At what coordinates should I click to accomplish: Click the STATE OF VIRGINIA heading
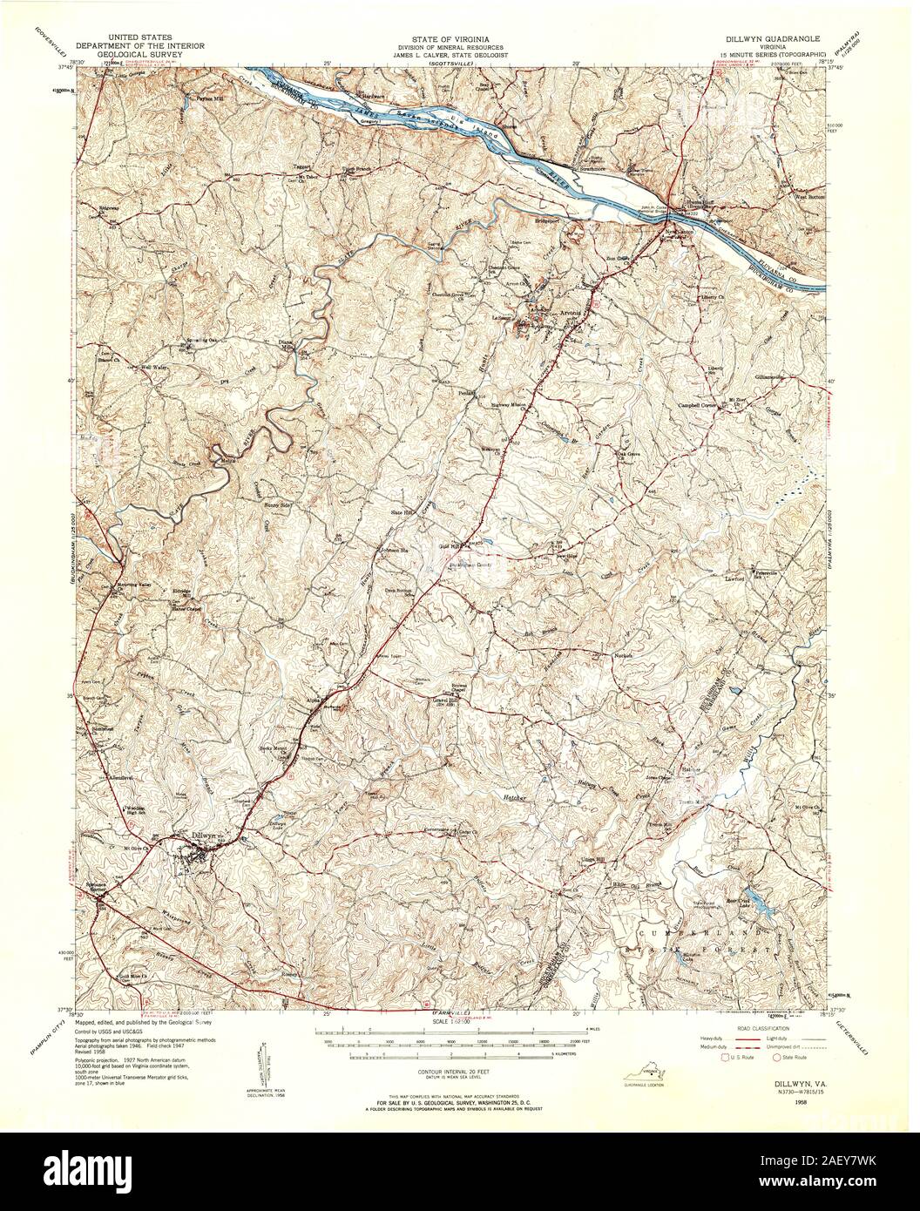(x=450, y=40)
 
